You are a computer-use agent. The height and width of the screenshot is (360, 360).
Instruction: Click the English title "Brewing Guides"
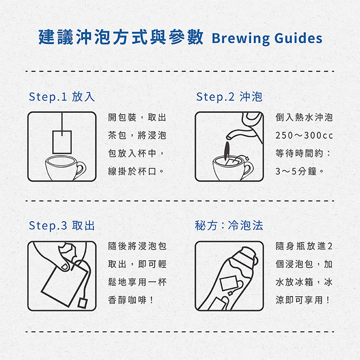[267, 38]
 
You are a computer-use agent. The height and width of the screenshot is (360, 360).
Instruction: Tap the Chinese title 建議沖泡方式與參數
[121, 37]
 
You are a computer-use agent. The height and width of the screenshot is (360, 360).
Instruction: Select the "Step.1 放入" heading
[62, 96]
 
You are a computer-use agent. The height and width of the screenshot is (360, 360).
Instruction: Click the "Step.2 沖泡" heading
[229, 96]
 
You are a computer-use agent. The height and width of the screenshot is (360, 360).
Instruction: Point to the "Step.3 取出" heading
[62, 225]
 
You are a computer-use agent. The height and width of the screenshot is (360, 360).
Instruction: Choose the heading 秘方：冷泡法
[229, 225]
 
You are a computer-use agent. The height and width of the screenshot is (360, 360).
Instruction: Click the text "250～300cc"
[304, 135]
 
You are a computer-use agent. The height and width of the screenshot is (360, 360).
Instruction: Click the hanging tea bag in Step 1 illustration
[62, 142]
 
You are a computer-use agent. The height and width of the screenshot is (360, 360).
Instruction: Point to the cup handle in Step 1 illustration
[81, 169]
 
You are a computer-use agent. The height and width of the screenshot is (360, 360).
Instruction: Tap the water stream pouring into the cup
[227, 151]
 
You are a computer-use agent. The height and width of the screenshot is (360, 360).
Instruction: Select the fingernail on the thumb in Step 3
[64, 266]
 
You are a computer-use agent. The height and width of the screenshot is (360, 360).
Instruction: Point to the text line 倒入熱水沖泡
[304, 118]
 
